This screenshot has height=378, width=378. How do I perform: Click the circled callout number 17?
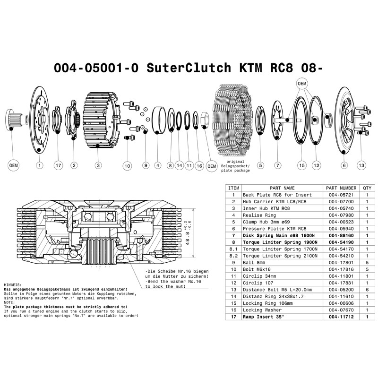pyautogui.click(x=58, y=166)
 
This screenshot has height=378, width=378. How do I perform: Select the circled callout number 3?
pyautogui.click(x=98, y=166)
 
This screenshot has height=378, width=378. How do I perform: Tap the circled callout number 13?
pyautogui.click(x=361, y=165)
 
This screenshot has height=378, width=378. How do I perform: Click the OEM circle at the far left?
pyautogui.click(x=14, y=166)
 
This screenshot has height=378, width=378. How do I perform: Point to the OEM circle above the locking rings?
pyautogui.click(x=302, y=84)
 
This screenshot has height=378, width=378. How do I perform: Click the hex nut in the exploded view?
pyautogui.click(x=205, y=119)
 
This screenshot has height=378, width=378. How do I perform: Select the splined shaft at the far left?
pyautogui.click(x=16, y=120)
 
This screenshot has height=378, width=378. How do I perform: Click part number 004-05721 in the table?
pyautogui.click(x=341, y=195)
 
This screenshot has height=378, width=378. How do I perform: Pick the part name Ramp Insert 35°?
pyautogui.click(x=263, y=317)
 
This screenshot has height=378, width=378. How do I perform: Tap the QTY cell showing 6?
pyautogui.click(x=367, y=290)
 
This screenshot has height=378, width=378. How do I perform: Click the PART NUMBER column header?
pyautogui.click(x=341, y=188)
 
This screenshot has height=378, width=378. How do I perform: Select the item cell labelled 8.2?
pyautogui.click(x=233, y=256)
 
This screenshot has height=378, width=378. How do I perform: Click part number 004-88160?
pyautogui.click(x=341, y=235)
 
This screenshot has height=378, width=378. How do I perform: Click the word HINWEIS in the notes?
pyautogui.click(x=13, y=285)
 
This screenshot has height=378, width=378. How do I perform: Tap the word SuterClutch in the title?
pyautogui.click(x=189, y=68)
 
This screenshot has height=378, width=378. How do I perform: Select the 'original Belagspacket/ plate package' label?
pyautogui.click(x=235, y=166)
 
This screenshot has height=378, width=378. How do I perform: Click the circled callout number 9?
pyautogui.click(x=146, y=166)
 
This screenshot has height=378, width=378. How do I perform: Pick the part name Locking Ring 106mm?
pyautogui.click(x=267, y=303)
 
